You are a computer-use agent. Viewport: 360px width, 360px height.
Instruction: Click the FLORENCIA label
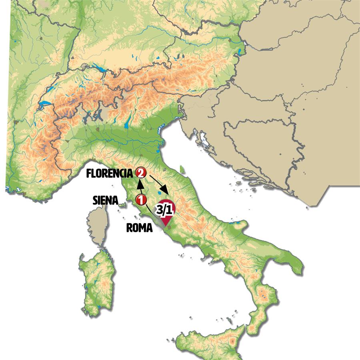click(x=109, y=174)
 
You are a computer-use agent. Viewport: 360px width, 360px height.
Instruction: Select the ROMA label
click(x=139, y=228)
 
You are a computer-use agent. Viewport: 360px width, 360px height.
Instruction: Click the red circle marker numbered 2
click(x=140, y=173)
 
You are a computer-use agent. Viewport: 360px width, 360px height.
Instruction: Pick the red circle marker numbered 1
click(x=140, y=199)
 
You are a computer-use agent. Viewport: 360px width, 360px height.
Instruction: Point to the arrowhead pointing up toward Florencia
click(x=140, y=184)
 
